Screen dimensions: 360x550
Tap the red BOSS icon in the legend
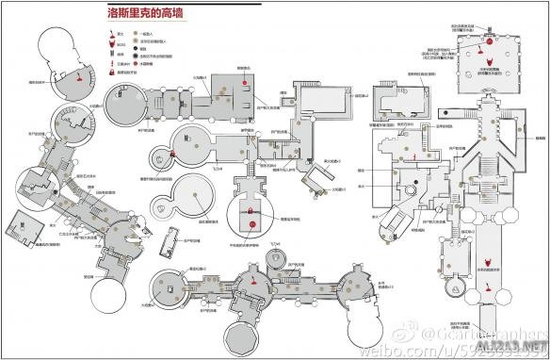tap(114, 44)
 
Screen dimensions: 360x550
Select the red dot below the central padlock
tap(251, 223)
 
